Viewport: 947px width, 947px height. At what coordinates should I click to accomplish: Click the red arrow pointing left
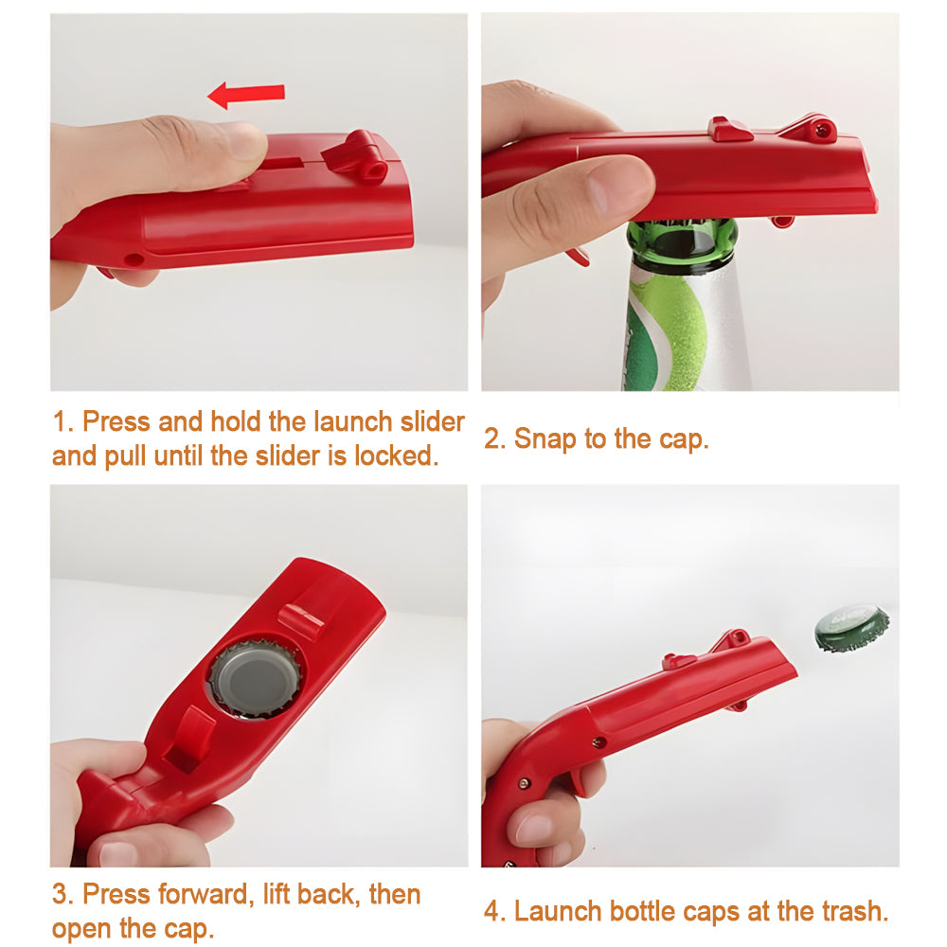coord(246,95)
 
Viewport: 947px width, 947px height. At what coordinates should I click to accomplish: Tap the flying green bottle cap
coord(852,628)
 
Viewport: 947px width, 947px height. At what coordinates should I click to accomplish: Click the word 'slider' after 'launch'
coord(433,421)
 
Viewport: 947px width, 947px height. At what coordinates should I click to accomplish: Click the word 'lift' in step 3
coord(276,895)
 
